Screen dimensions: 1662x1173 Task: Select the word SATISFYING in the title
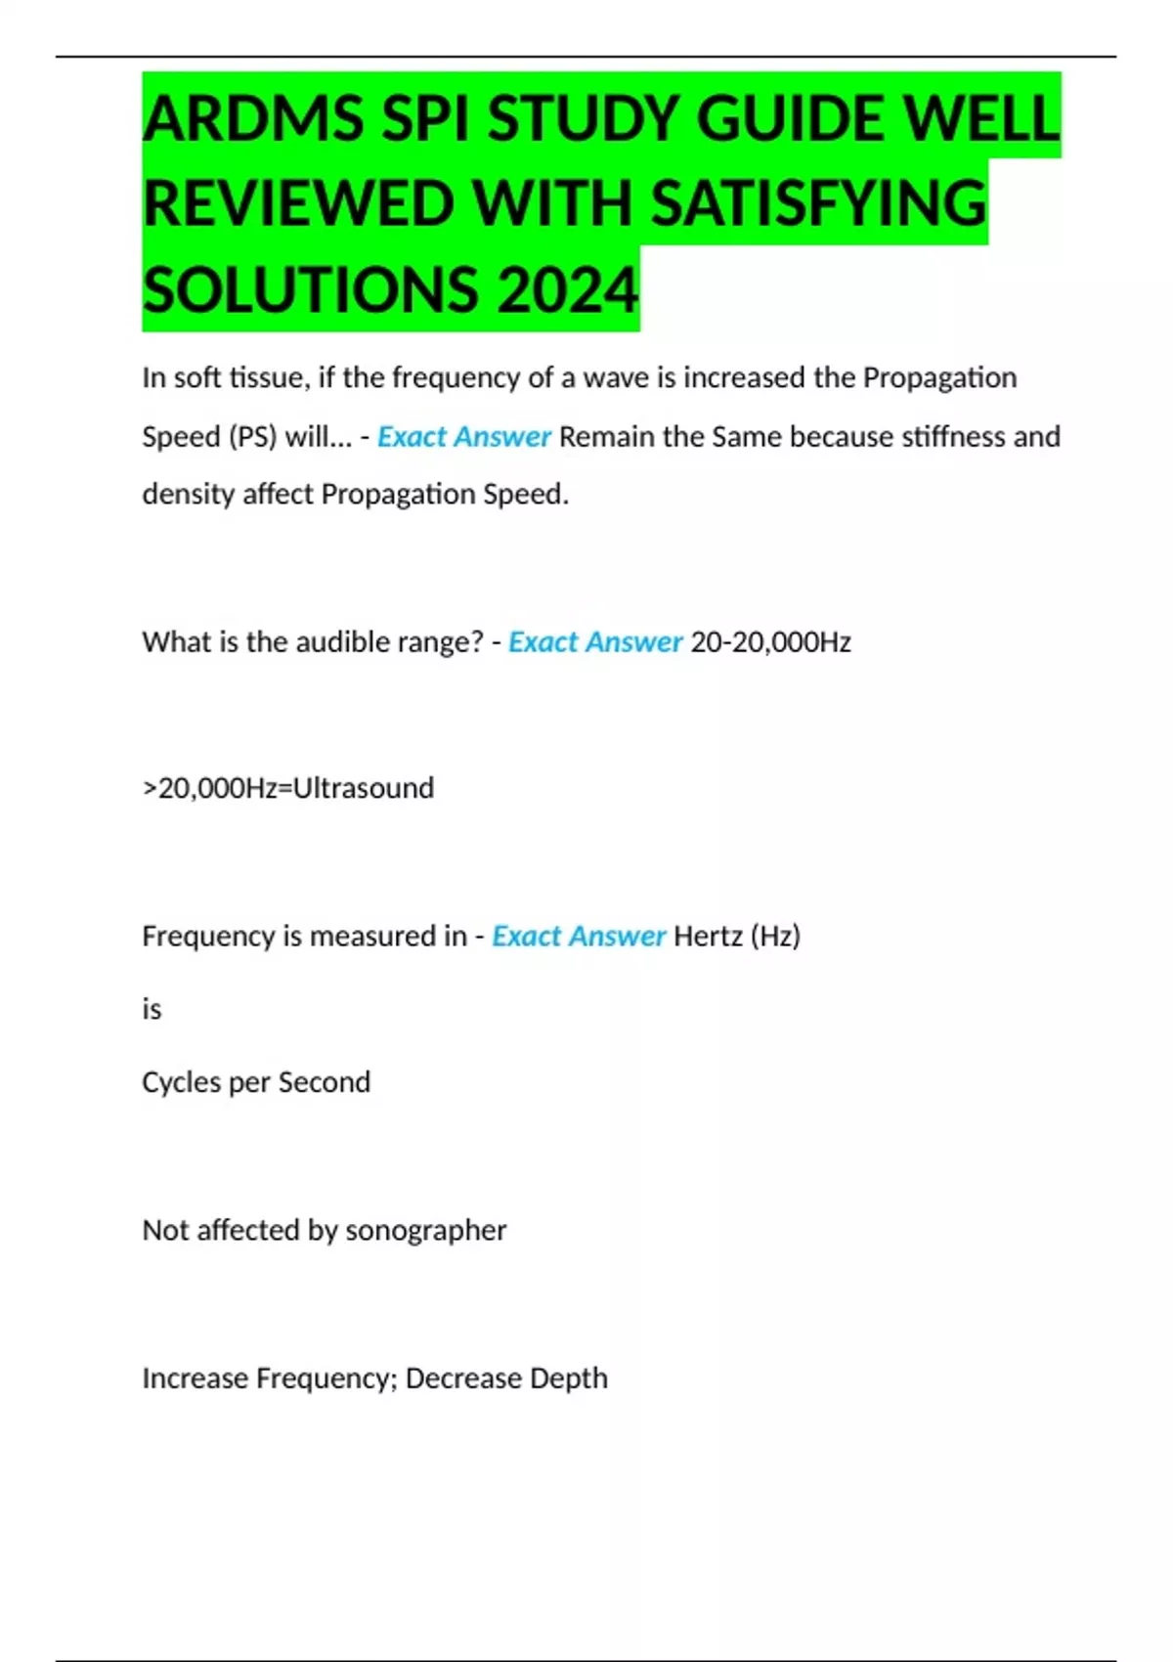tap(818, 204)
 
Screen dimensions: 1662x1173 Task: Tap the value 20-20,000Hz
tap(770, 642)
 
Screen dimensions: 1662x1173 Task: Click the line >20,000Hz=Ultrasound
tap(288, 788)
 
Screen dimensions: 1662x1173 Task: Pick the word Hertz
tap(708, 937)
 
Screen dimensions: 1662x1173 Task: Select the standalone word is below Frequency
tap(152, 1009)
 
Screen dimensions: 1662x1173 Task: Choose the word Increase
tap(195, 1378)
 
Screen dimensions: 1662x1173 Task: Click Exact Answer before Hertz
tap(578, 937)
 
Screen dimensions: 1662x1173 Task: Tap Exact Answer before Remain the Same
tap(463, 436)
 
